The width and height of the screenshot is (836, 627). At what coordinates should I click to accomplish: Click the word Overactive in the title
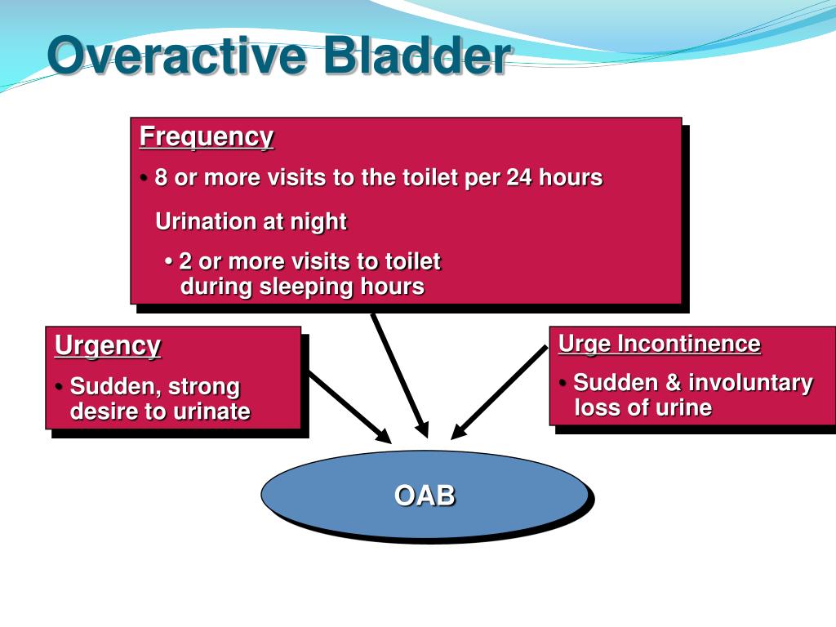pos(177,55)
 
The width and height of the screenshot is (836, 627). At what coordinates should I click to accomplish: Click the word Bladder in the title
pos(417,55)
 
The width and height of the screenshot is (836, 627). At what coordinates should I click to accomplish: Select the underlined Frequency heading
pos(207,137)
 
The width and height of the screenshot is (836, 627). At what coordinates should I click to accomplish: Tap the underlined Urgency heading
pos(108,345)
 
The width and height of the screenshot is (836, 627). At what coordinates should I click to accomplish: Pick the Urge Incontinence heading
pos(660,344)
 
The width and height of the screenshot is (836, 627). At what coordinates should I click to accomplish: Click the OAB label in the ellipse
pos(425,496)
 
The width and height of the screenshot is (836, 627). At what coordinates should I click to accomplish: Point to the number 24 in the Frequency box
pos(518,177)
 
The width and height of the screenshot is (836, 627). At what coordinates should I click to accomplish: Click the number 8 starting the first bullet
pos(161,177)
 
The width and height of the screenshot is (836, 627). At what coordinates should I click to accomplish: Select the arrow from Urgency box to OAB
pos(350,407)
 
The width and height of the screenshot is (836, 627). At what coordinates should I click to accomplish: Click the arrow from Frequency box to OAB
pos(400,376)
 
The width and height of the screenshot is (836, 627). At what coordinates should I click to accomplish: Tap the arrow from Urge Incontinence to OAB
pos(500,393)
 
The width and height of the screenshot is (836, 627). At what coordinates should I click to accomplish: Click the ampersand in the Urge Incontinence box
pos(673,383)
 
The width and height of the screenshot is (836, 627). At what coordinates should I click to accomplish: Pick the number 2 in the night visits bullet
pos(185,262)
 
